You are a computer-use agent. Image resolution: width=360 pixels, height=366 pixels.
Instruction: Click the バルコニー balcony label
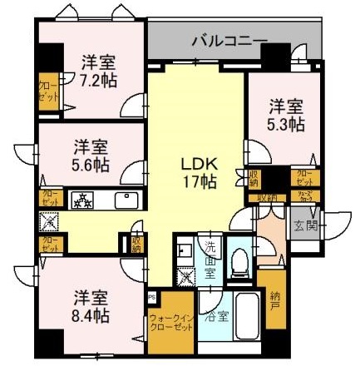(x=229, y=39)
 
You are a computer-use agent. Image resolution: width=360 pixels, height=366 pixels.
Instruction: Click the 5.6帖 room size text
(x=88, y=163)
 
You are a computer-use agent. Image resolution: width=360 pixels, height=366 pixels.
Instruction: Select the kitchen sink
(x=125, y=200)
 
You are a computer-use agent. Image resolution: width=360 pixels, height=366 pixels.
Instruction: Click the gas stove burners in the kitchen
(x=82, y=200)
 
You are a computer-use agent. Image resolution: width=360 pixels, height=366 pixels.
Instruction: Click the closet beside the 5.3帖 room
(x=305, y=178)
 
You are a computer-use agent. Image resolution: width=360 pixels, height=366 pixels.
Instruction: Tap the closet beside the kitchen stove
(x=48, y=200)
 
